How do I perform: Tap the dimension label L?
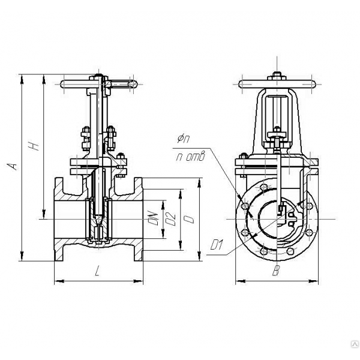[98, 271]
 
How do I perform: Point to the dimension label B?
[276, 271]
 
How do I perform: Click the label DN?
[154, 218]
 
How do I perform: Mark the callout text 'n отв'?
[190, 157]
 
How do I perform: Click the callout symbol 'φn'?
[184, 139]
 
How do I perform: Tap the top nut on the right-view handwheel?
[277, 74]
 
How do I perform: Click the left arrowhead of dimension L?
[59, 281]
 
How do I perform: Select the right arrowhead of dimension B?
[314, 281]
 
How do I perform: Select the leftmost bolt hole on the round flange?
[245, 206]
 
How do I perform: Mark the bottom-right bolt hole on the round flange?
[290, 251]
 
